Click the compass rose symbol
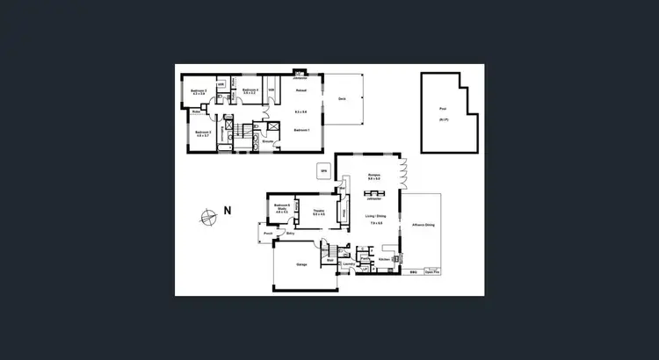206,216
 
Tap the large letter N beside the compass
226,211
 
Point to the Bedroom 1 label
301,130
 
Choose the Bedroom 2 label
199,91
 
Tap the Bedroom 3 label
202,133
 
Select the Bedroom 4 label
250,90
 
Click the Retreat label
300,90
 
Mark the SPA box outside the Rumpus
323,170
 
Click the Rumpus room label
373,176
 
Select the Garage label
301,263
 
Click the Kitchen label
383,260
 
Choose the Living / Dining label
375,217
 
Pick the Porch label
266,234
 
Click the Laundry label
348,263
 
